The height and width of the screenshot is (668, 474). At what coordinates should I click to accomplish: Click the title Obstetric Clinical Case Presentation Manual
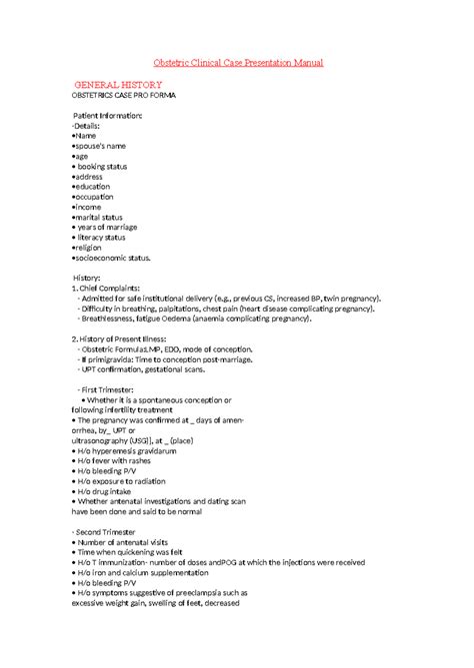(237, 63)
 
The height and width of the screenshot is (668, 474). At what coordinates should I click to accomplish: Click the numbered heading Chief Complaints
(107, 288)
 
